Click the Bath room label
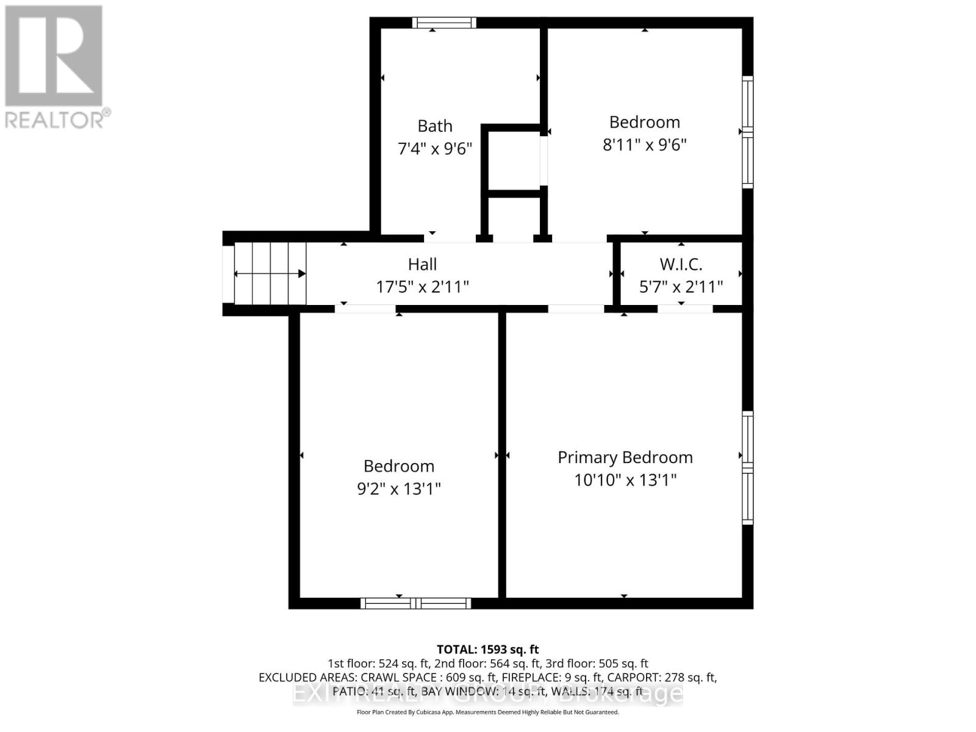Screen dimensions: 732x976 point(434,126)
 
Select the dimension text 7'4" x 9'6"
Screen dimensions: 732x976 point(434,148)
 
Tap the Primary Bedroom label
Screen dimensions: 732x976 point(625,457)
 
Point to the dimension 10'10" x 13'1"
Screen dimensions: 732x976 point(625,480)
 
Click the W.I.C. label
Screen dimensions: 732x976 point(681,264)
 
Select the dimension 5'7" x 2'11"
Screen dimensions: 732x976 point(681,287)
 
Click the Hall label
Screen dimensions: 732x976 point(422,264)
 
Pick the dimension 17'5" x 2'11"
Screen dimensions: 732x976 point(422,287)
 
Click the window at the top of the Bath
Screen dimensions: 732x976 point(443,23)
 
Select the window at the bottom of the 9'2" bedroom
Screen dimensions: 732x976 point(415,603)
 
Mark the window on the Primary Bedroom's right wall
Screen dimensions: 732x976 point(747,468)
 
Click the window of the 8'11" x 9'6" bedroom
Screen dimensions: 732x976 point(747,132)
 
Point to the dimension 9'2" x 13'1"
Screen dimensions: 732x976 point(398,489)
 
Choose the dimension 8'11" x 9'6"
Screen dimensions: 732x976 point(645,145)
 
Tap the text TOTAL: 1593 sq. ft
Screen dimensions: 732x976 point(487,649)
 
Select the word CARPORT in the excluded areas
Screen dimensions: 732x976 point(637,677)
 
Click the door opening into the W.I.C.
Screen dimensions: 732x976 point(684,309)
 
